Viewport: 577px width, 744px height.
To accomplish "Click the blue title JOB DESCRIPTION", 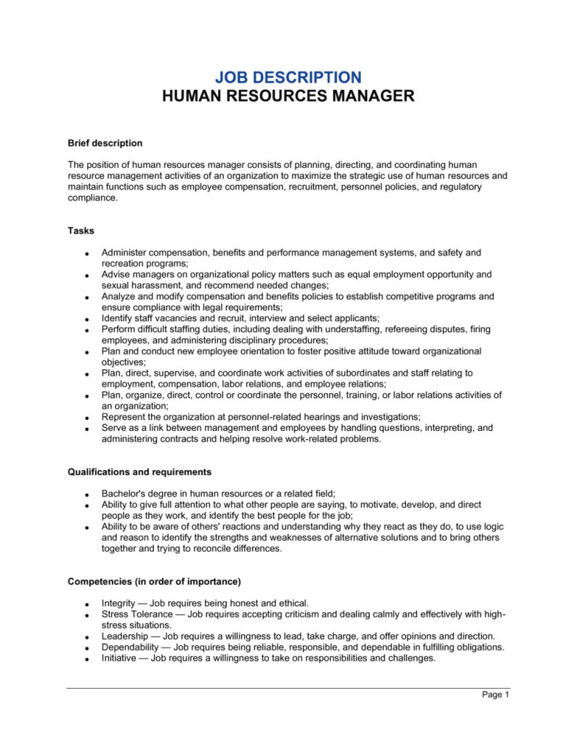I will [x=288, y=77].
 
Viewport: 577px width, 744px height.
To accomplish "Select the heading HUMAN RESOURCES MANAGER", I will [x=288, y=96].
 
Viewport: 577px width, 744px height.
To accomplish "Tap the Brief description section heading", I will [x=105, y=143].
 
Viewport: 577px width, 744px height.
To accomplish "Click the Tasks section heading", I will [x=81, y=230].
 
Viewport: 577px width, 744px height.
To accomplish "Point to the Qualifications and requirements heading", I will [x=140, y=472].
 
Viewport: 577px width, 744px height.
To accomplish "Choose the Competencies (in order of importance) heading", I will [x=154, y=581].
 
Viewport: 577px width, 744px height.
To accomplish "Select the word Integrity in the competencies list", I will [x=118, y=603].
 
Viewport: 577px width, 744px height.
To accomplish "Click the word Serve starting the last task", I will [x=115, y=428].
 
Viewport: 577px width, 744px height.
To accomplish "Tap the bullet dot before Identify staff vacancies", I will [x=86, y=320].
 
